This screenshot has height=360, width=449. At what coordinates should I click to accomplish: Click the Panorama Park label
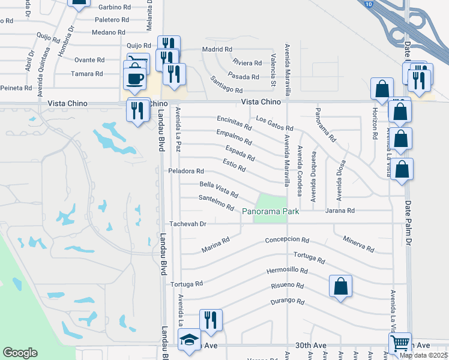(x=270, y=211)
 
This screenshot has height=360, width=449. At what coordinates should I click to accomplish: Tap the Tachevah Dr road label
(x=188, y=224)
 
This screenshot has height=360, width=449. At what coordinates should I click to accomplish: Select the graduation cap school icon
(x=190, y=340)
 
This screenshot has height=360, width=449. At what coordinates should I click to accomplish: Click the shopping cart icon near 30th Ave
(x=400, y=343)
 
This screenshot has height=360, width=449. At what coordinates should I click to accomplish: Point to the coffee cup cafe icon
(x=134, y=78)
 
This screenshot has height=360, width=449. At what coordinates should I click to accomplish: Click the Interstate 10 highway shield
(x=367, y=2)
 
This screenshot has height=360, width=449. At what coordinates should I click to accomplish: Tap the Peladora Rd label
(x=187, y=171)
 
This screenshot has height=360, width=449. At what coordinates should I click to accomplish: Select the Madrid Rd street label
(x=217, y=49)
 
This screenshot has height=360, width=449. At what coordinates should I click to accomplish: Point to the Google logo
(x=20, y=353)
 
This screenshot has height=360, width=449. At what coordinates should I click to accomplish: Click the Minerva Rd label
(x=358, y=244)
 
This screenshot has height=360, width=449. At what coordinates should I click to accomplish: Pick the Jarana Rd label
(x=340, y=211)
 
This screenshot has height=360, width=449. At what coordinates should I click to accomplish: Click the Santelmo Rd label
(x=216, y=203)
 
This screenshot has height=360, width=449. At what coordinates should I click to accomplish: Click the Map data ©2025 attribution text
(x=423, y=355)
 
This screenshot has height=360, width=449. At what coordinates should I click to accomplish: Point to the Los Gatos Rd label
(x=274, y=124)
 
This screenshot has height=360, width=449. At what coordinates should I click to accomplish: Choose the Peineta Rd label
(x=16, y=88)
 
